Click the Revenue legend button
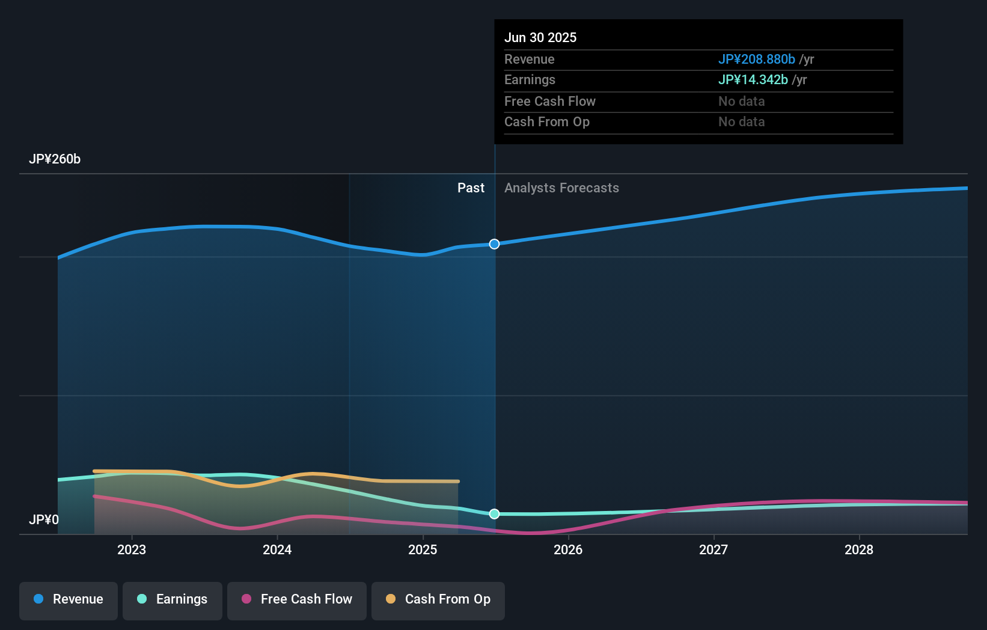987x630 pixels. click(x=69, y=600)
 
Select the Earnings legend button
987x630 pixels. click(x=173, y=600)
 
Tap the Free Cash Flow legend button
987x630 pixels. click(x=297, y=600)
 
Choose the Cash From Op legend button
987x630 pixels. click(x=438, y=600)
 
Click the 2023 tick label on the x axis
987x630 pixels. click(x=132, y=550)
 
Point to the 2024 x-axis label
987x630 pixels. click(x=277, y=550)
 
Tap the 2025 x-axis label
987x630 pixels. click(x=423, y=550)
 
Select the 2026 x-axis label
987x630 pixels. click(x=568, y=550)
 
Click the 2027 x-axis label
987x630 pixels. click(x=714, y=550)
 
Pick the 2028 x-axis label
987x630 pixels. click(x=859, y=550)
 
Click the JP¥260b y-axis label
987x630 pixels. click(x=55, y=159)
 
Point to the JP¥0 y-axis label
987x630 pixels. click(x=44, y=520)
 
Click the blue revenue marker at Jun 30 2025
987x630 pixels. click(x=494, y=244)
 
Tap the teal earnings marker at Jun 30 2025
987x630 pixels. click(x=494, y=514)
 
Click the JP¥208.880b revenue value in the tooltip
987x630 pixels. click(x=756, y=60)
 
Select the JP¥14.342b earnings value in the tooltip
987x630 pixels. click(x=753, y=80)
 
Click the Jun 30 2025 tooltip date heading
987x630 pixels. click(x=540, y=38)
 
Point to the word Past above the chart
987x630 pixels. click(x=471, y=188)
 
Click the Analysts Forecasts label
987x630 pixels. click(x=561, y=188)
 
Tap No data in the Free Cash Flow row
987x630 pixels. click(x=741, y=102)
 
